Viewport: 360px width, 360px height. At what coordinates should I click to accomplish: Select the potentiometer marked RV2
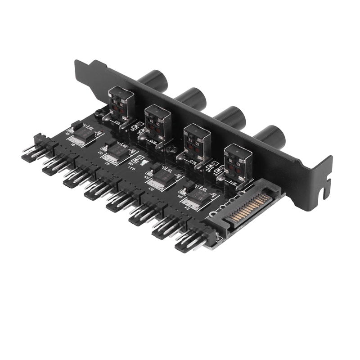[x=157, y=122]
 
